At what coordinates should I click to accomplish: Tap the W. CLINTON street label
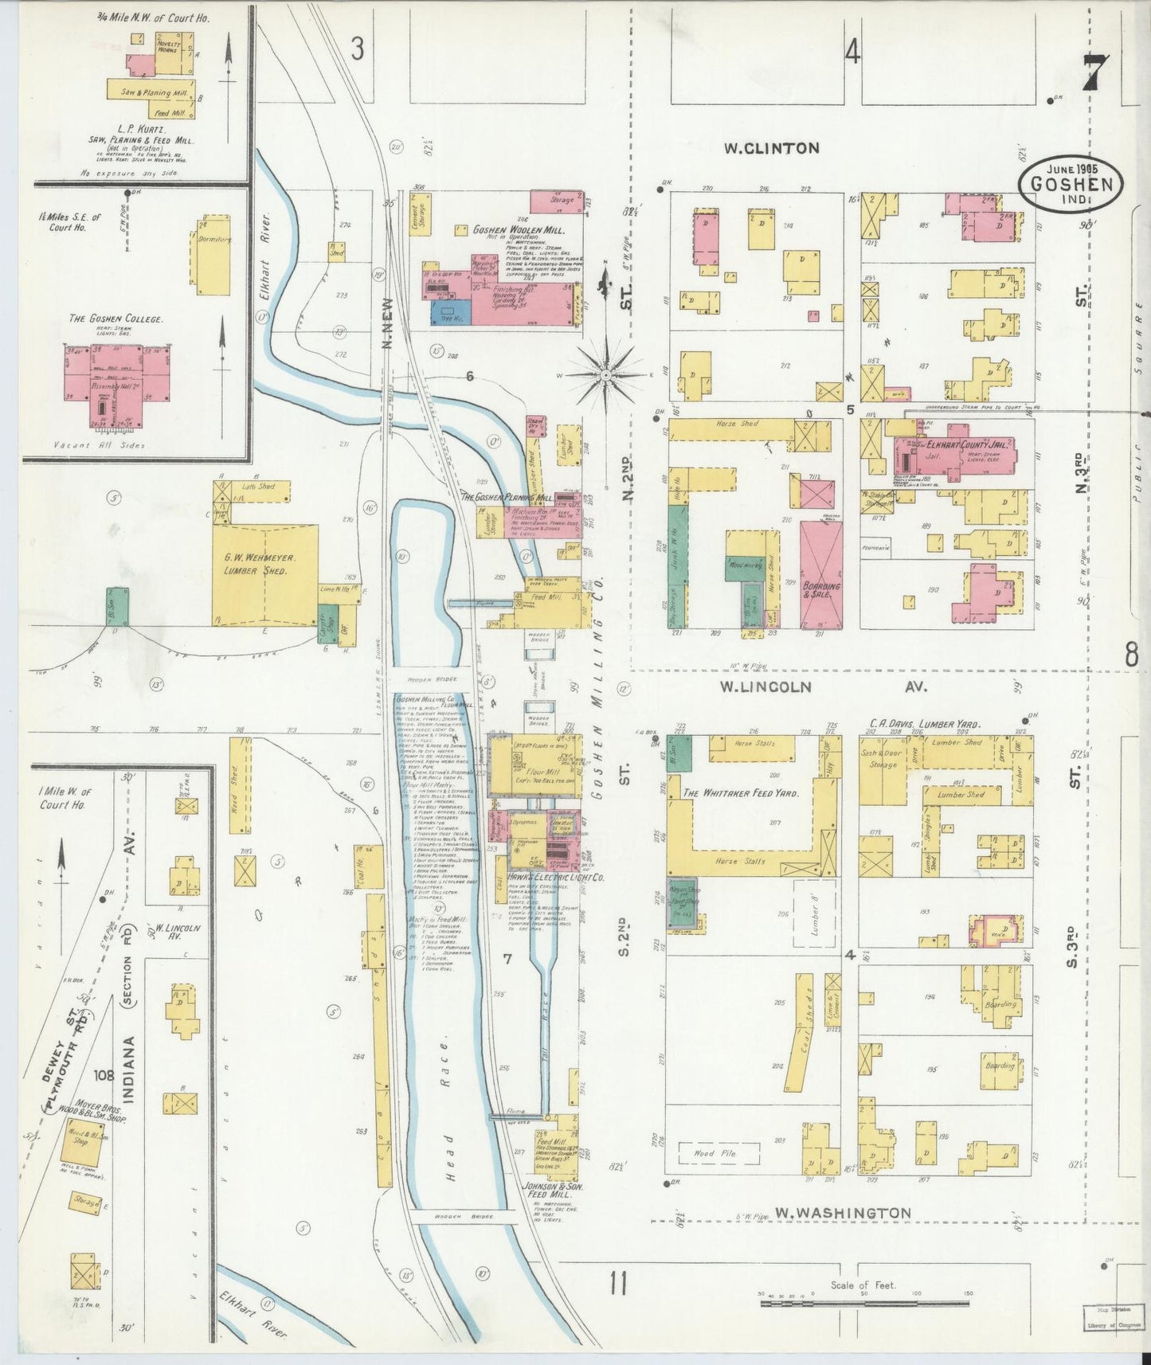pyautogui.click(x=771, y=147)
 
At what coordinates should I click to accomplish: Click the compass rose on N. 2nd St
pyautogui.click(x=606, y=374)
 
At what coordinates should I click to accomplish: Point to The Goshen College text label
pyautogui.click(x=115, y=319)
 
